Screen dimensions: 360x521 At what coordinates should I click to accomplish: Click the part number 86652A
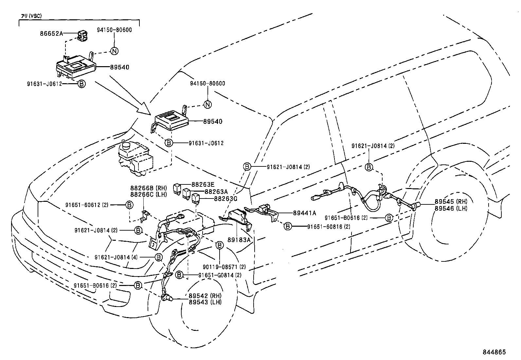[x=51, y=33]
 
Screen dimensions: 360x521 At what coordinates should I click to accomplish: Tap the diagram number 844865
[x=494, y=352]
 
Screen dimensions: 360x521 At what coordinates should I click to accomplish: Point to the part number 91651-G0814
[x=216, y=275]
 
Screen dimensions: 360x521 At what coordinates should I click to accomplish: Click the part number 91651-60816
[x=325, y=226]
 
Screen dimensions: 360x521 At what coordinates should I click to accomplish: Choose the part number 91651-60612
[x=91, y=205]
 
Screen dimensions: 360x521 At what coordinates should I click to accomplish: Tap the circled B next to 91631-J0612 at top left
[x=82, y=84]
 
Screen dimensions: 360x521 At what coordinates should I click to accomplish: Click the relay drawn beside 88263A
[x=187, y=193]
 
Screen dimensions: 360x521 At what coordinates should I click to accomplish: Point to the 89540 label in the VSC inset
[x=119, y=67]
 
